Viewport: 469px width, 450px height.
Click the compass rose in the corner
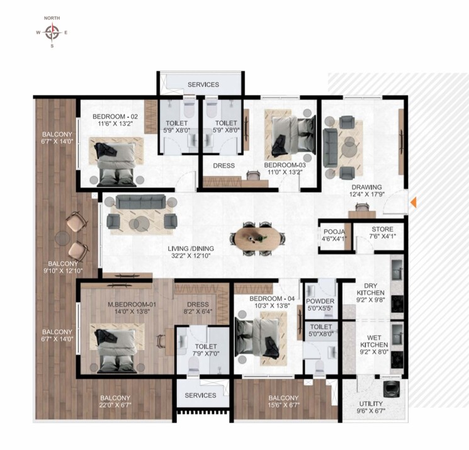(52, 31)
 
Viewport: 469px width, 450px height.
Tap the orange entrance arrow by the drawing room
(414, 203)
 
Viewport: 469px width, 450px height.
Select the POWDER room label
(320, 301)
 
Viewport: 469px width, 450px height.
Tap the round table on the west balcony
(62, 237)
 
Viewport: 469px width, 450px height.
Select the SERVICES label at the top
(203, 84)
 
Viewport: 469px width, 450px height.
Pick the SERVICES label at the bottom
(201, 395)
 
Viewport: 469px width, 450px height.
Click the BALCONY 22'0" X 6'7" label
(115, 402)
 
